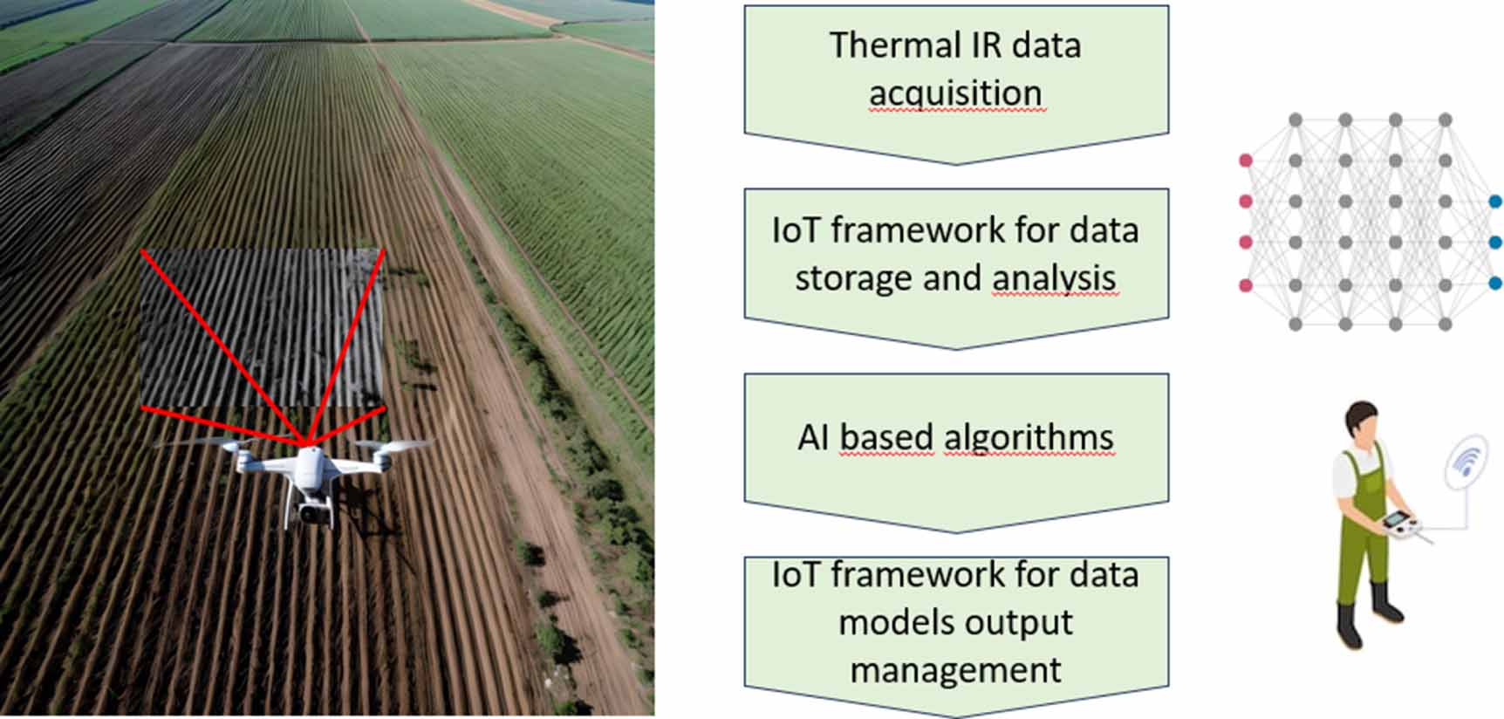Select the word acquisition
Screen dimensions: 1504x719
click(955, 93)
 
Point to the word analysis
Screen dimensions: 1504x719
click(1055, 278)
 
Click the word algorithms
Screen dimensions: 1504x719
click(1029, 437)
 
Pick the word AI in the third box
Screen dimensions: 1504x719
click(813, 437)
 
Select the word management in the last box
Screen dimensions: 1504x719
click(956, 670)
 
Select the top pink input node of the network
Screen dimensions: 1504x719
click(1246, 161)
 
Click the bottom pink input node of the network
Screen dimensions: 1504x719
click(1246, 284)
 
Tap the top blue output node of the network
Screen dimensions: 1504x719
click(1495, 202)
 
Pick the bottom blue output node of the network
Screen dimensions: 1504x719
click(1495, 283)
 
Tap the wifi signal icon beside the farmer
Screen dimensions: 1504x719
click(1466, 460)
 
